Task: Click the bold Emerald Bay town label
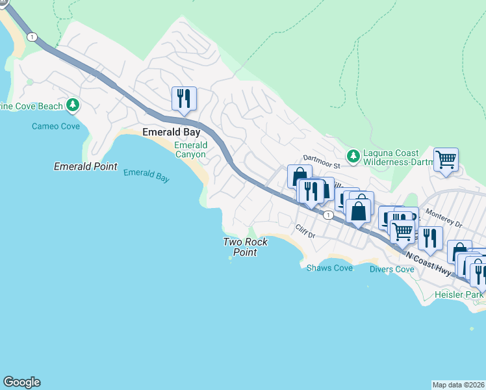coord(170,133)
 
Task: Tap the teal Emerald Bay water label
coord(146,175)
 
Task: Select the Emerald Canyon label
coord(190,150)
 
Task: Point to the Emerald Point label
coord(85,167)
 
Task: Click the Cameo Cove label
coord(56,126)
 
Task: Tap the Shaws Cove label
coord(329,268)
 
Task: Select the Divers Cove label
coord(392,269)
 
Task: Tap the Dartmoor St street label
coord(322,159)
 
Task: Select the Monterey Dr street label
coord(442,218)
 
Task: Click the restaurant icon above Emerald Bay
coord(184,99)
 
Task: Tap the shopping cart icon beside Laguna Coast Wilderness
coord(446,159)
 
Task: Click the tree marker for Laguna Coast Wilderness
coord(353,155)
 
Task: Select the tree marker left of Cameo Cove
coord(73,105)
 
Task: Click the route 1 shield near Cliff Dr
coord(329,215)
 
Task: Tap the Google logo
coord(21,382)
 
